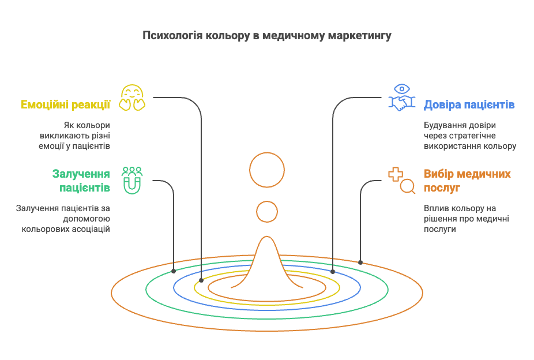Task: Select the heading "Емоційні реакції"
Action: coord(66,104)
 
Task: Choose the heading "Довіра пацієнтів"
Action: coord(469,104)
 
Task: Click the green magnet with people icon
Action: coord(132,180)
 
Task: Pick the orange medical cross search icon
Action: coord(401,180)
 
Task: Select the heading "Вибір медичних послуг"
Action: coord(467,181)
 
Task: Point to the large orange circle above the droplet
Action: coord(267,170)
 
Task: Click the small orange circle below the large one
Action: coord(267,212)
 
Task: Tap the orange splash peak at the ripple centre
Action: coord(267,254)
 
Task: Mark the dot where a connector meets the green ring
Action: coord(174,271)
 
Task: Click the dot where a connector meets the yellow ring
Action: coord(201,280)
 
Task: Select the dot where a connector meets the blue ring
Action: coord(333,271)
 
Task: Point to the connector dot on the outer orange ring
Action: coord(360,262)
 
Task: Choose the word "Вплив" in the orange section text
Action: coord(435,208)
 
